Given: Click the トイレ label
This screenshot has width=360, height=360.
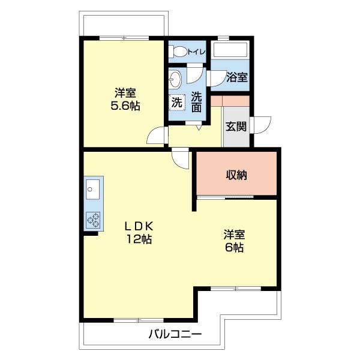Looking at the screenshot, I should pyautogui.click(x=197, y=52).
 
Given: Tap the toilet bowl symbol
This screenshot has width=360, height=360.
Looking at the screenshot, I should pyautogui.click(x=178, y=52).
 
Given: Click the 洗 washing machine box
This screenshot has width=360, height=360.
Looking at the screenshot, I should pyautogui.click(x=176, y=103).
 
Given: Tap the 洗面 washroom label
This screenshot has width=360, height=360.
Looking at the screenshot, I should pyautogui.click(x=196, y=102).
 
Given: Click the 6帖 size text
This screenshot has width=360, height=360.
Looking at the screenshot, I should pyautogui.click(x=235, y=247).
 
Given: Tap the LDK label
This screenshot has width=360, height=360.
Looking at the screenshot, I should pyautogui.click(x=139, y=226).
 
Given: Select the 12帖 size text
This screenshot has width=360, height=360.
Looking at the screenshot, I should pyautogui.click(x=139, y=239).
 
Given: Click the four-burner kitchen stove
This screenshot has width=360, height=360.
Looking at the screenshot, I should pyautogui.click(x=93, y=220).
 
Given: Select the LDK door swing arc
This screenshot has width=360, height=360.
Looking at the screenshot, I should pyautogui.click(x=180, y=159).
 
